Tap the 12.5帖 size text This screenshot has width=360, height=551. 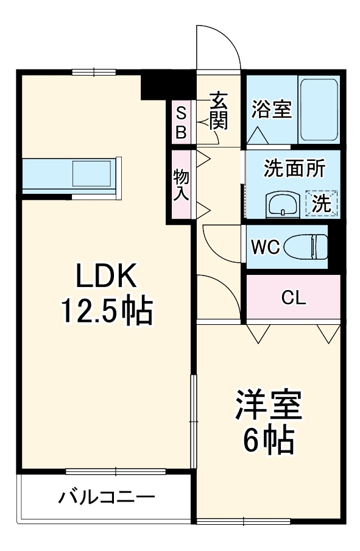click(105, 312)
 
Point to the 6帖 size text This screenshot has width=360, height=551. click(269, 439)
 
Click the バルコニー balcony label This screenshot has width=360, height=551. click(107, 497)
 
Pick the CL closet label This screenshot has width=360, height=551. click(293, 299)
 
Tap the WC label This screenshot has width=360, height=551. click(266, 247)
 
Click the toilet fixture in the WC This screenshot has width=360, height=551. click(311, 246)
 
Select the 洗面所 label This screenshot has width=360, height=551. click(293, 169)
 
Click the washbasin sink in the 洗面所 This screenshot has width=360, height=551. click(282, 204)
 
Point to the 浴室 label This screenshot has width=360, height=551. click(271, 110)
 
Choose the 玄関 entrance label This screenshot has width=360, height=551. click(218, 111)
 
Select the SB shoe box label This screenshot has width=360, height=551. click(182, 121)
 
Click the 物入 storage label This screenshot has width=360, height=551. click(182, 184)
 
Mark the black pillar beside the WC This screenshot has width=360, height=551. click(334, 246)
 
